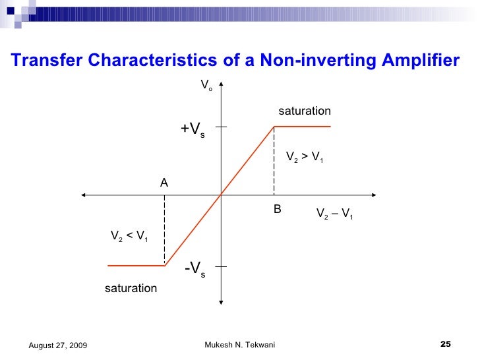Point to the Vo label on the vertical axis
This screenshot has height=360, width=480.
click(206, 86)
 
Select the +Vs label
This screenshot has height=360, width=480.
click(193, 130)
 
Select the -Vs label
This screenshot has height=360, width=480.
click(195, 269)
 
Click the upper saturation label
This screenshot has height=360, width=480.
click(304, 111)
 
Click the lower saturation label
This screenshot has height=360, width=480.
click(131, 288)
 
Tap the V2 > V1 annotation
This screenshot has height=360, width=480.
click(304, 158)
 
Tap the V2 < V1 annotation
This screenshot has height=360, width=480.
click(129, 235)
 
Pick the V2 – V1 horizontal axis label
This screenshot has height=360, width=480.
click(335, 214)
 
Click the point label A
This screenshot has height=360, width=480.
click(164, 183)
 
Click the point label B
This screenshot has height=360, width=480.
click(278, 209)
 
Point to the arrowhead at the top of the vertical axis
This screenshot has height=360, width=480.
click(221, 84)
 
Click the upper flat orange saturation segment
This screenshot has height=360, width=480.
click(302, 127)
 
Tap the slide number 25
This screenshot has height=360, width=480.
click(445, 345)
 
